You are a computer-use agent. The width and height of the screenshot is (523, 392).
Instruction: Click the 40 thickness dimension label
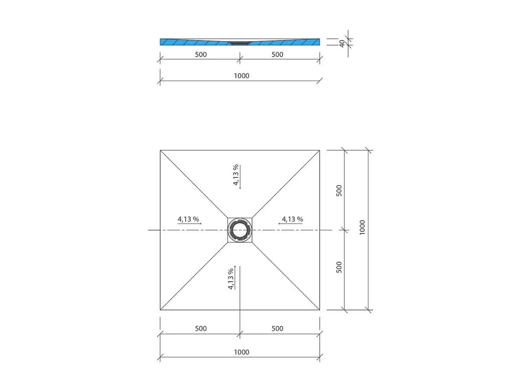342,43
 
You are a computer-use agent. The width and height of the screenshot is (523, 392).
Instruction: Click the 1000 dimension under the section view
242,76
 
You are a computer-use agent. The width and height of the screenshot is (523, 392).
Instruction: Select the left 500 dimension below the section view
200,55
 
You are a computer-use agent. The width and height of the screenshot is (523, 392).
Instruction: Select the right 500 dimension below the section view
277,55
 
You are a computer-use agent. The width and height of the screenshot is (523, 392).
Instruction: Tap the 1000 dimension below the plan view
242,352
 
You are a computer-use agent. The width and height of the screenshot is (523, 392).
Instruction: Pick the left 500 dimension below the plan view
200,328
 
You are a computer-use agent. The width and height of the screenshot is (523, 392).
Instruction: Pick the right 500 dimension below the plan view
277,328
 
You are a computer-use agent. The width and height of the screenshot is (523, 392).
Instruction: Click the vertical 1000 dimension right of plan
362,228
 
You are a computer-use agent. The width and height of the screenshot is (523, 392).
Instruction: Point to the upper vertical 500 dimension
339,191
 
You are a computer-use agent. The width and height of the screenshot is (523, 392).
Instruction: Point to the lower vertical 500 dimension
339,267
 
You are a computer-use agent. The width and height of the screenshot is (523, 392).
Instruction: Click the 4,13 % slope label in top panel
236,175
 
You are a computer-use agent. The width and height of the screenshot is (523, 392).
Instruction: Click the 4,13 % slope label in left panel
188,219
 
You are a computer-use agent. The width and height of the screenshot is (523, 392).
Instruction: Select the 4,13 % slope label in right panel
292,219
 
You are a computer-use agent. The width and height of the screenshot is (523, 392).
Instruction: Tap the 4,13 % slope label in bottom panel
231,279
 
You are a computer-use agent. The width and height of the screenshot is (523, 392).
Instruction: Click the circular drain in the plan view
240,230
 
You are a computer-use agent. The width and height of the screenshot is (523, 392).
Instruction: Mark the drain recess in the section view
239,42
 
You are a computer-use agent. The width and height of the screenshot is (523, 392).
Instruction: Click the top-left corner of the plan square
160,150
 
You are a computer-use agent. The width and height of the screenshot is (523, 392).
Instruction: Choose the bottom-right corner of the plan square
320,310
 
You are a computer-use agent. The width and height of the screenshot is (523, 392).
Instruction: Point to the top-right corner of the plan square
320,150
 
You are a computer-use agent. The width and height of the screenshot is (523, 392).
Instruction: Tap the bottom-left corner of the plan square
160,310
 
